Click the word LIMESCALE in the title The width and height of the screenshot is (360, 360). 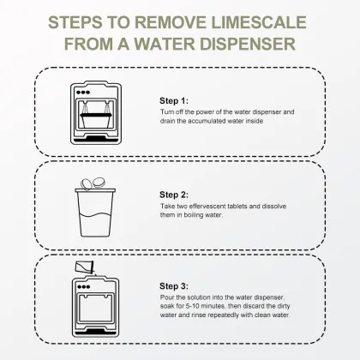tap(259, 22)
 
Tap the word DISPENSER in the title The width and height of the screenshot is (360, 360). tap(248, 44)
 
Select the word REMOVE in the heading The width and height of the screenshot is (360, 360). tap(171, 22)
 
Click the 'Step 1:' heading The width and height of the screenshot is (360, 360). tap(174, 100)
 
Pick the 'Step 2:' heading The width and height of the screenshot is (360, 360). tap(174, 195)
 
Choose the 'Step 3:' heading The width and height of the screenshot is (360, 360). tap(174, 286)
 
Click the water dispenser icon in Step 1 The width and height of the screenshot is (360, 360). tap(96, 113)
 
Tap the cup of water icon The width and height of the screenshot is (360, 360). tap(95, 213)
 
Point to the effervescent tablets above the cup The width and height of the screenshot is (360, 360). tap(93, 183)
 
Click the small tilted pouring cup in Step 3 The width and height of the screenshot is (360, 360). tap(84, 267)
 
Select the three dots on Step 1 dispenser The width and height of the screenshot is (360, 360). tap(83, 93)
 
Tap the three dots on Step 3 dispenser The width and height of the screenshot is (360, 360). tap(84, 287)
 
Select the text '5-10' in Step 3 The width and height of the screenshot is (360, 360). tap(193, 306)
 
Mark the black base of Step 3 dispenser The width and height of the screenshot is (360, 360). tap(95, 332)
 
